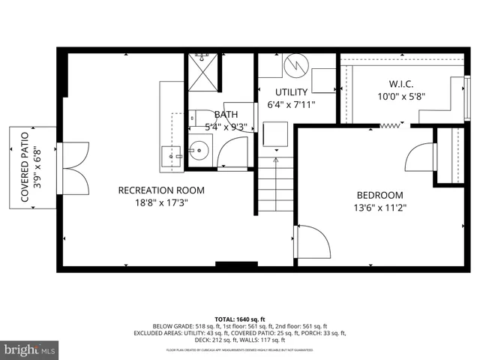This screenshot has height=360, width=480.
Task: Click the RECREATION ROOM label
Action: [x=161, y=190]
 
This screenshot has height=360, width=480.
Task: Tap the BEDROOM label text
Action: [x=379, y=195]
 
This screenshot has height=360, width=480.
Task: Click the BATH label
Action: [x=226, y=115]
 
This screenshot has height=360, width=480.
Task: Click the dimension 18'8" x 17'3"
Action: [x=161, y=203]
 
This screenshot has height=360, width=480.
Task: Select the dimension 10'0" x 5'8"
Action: [x=400, y=96]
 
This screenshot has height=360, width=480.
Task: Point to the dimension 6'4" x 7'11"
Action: [x=292, y=105]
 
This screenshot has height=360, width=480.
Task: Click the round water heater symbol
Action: [x=295, y=64]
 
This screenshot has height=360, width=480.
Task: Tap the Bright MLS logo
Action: [x=30, y=349]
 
